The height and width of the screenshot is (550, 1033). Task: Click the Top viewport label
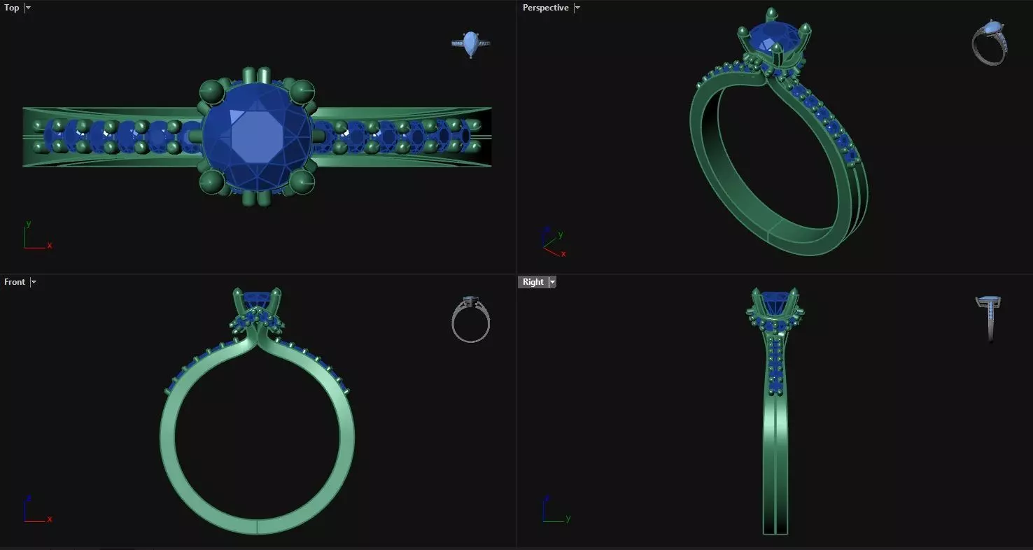[12, 8]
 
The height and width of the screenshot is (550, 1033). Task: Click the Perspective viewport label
[545, 8]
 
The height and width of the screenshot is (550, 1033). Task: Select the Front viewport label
[14, 282]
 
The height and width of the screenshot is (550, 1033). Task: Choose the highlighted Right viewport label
[533, 282]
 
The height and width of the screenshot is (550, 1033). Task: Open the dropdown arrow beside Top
[28, 8]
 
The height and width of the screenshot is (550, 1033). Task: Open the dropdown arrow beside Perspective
[577, 8]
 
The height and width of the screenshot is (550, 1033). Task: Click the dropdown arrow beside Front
[34, 282]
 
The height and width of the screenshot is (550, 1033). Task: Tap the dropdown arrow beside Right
[552, 282]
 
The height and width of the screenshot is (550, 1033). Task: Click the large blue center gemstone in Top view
[258, 136]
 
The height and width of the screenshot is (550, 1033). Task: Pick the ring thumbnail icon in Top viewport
[470, 43]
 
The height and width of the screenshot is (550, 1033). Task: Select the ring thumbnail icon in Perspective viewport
[989, 42]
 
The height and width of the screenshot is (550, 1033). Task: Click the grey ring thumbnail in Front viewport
[470, 320]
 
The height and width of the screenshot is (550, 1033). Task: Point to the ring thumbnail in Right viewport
[988, 317]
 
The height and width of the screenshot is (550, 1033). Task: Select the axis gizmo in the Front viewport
[35, 512]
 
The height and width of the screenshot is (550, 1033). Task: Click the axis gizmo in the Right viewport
[554, 512]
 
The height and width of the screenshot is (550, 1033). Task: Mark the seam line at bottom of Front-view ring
[257, 527]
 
